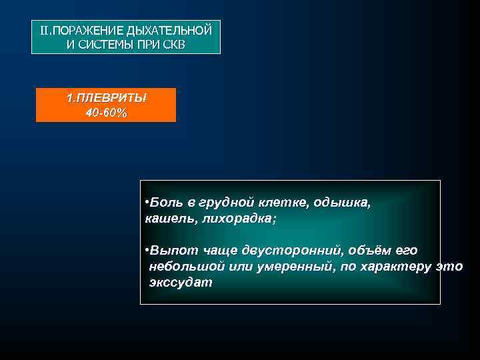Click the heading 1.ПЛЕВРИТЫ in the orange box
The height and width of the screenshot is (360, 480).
click(106, 99)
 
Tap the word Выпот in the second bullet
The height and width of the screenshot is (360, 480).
click(171, 251)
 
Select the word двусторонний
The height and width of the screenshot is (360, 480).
click(287, 251)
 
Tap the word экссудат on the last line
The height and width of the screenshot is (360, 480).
click(181, 283)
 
